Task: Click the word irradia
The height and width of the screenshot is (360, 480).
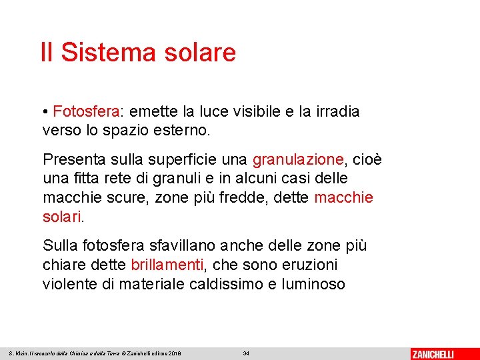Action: click(x=336, y=111)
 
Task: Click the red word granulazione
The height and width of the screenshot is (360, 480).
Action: click(x=298, y=160)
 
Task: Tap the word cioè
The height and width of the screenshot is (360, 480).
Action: click(x=367, y=160)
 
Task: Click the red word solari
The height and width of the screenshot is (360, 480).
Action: click(x=63, y=217)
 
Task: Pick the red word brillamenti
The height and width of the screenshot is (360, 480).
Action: click(x=167, y=265)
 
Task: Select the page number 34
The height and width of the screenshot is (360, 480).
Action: click(x=246, y=353)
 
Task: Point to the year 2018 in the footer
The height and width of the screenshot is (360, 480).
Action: click(x=175, y=353)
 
